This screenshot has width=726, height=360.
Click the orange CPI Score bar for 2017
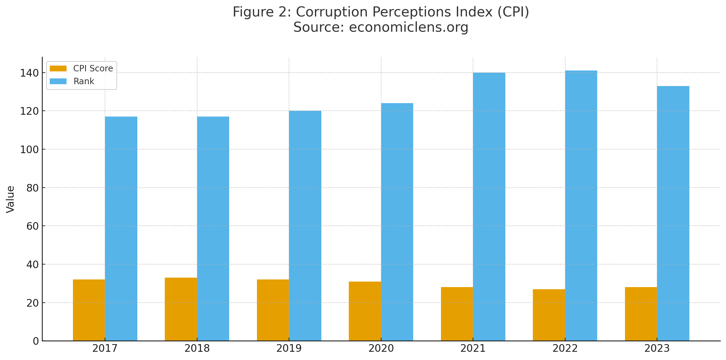[89, 310]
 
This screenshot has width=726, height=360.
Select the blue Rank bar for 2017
[121, 229]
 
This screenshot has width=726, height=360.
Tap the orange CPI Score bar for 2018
[181, 309]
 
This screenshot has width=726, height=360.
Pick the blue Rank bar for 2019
[305, 226]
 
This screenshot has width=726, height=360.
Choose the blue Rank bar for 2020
[397, 222]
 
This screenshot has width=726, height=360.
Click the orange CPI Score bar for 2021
[457, 314]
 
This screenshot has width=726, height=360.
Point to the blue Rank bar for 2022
[581, 206]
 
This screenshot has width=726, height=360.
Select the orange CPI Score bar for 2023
[641, 314]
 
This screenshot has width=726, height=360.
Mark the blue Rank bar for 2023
[673, 213]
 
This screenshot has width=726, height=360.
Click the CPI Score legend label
[93, 68]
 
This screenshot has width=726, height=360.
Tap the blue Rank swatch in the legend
[58, 81]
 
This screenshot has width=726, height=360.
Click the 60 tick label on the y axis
[32, 226]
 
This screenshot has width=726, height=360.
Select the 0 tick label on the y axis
[36, 341]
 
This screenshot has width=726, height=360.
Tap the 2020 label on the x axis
[381, 348]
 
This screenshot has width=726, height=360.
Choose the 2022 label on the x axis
[565, 348]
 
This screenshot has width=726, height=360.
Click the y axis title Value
[10, 199]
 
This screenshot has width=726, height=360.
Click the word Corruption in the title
[332, 12]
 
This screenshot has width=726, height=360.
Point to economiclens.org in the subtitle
[408, 27]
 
